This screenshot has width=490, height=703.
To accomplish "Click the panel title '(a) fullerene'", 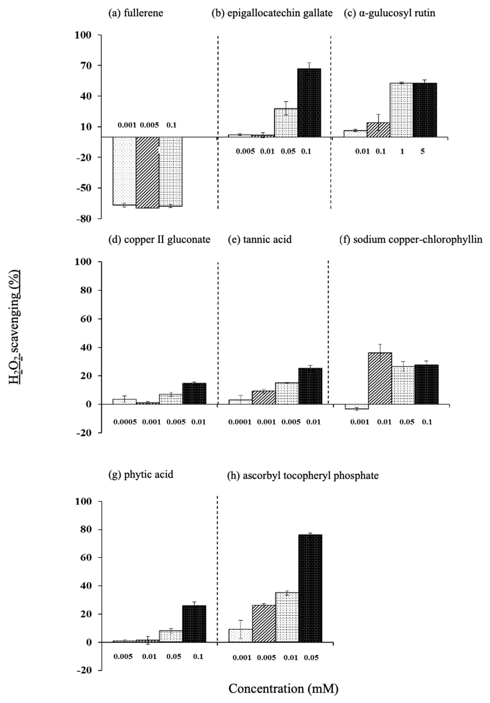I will coord(136,13).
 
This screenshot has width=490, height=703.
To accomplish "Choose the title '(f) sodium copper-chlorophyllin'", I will coord(411,239).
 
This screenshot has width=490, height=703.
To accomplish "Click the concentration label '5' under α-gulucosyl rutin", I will coord(422,151).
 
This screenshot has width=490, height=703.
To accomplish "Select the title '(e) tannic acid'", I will coord(260,239).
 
